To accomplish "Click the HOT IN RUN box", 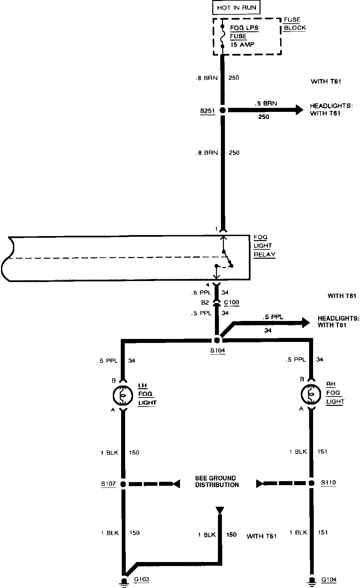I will [237, 8].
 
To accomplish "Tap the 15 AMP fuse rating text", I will [242, 45].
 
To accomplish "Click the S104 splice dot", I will [217, 340].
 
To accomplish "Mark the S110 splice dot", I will [311, 483].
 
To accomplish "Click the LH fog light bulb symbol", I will [123, 395].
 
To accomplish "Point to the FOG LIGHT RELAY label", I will [264, 246].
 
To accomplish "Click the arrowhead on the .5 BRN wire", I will [298, 110].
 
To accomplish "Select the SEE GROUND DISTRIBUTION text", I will [217, 481].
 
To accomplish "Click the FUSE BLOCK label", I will [294, 24].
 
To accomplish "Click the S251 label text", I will [207, 111].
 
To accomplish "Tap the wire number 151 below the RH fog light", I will [322, 451].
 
